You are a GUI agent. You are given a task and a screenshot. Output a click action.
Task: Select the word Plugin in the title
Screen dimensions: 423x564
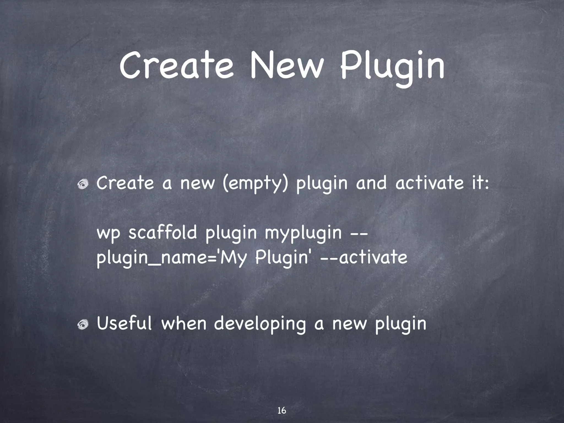point(392,67)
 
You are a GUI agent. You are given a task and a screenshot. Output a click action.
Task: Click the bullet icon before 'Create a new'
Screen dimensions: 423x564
point(83,184)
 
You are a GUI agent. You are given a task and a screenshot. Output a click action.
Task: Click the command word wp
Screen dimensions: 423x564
point(109,234)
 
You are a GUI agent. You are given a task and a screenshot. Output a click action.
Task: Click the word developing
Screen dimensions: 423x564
point(260,324)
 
